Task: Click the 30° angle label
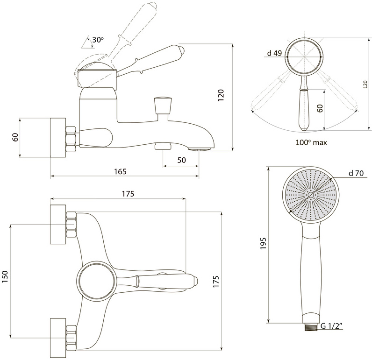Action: [x=98, y=40]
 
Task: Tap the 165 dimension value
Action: [x=121, y=171]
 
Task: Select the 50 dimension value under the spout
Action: [x=181, y=160]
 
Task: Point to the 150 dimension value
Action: [x=5, y=276]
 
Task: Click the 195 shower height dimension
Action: [x=263, y=243]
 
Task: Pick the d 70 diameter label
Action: [x=356, y=173]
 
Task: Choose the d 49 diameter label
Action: [x=274, y=53]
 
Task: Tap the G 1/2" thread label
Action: [x=331, y=326]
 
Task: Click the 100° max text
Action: [x=311, y=142]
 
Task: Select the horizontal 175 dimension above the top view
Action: [x=128, y=194]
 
